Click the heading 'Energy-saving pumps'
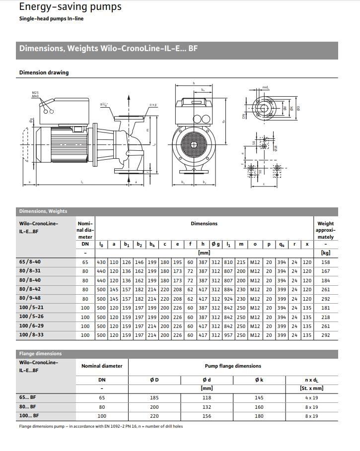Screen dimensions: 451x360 tap(70, 7)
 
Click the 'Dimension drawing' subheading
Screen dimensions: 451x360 tap(44, 72)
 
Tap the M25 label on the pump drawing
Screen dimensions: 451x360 tap(35, 93)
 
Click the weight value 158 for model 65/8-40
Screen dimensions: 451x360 tap(325, 262)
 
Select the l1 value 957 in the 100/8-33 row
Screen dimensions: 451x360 tap(228, 335)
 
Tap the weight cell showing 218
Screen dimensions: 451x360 tap(325, 317)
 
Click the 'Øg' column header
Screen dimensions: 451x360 tap(216, 244)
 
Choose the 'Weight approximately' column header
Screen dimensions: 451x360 tap(325, 230)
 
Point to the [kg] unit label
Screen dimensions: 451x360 tap(325, 253)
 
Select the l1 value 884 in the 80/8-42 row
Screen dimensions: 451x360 tap(228, 290)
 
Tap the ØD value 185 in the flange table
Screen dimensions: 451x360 tap(154, 398)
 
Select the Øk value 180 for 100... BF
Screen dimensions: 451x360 tap(259, 416)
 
